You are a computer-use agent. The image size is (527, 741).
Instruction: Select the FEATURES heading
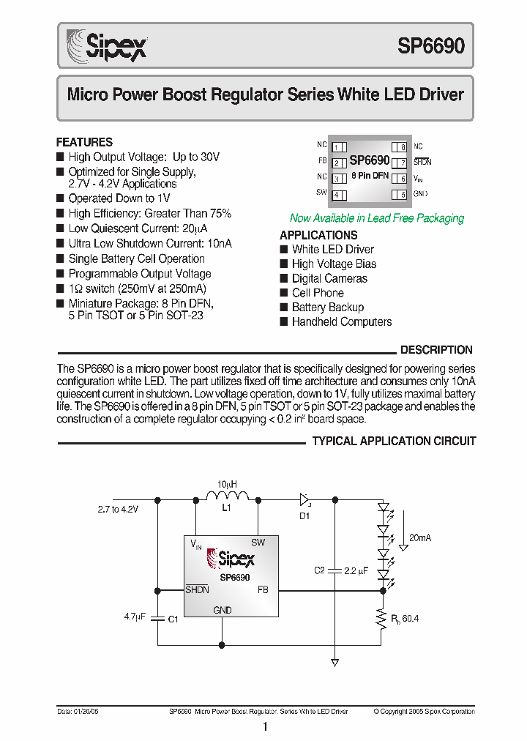click(x=84, y=142)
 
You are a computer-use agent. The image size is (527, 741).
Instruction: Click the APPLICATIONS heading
click(x=318, y=235)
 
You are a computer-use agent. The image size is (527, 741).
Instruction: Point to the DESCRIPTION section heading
click(x=436, y=350)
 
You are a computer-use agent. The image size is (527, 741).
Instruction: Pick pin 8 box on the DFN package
click(x=400, y=147)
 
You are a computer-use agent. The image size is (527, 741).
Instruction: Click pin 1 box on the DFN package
click(x=338, y=147)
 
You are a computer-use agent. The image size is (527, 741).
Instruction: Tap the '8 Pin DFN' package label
click(x=370, y=176)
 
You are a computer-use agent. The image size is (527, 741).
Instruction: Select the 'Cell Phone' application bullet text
click(x=318, y=293)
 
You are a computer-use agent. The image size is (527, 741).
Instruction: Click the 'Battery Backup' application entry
click(x=327, y=308)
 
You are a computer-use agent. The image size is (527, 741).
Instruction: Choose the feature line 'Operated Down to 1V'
click(x=119, y=198)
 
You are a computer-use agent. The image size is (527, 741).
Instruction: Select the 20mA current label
click(x=420, y=537)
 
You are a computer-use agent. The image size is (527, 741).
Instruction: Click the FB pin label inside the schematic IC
click(x=263, y=589)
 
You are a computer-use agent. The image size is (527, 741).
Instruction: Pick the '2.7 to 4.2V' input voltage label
click(x=118, y=507)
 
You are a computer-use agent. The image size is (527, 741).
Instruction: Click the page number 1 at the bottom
click(x=265, y=726)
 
